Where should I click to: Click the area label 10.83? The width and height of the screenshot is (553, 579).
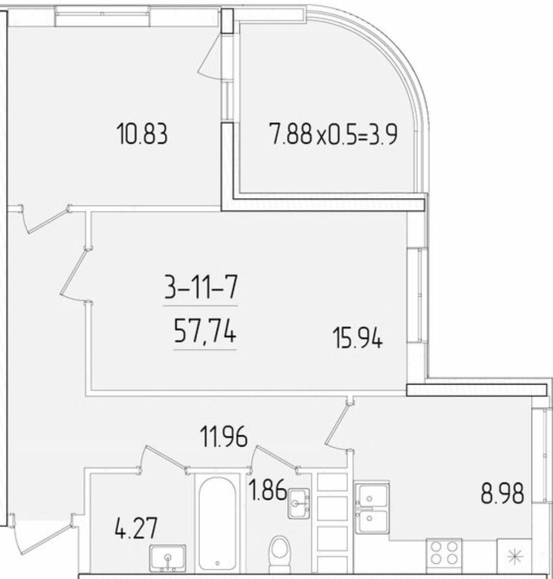(x=142, y=134)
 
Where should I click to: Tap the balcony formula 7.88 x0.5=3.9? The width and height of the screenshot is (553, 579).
(x=334, y=134)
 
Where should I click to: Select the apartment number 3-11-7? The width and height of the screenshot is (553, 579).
(x=201, y=288)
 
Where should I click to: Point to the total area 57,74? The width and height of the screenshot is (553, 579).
(x=205, y=332)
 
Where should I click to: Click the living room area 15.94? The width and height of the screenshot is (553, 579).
(x=357, y=338)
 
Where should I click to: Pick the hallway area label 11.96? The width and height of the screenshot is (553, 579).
(x=224, y=436)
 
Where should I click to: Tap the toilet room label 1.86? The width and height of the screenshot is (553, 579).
(x=267, y=490)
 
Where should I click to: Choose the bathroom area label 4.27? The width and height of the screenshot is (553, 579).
(x=136, y=528)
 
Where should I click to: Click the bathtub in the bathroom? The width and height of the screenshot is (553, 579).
(x=217, y=524)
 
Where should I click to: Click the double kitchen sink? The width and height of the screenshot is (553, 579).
(x=372, y=507)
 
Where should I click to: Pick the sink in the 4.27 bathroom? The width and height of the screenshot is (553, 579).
(x=168, y=557)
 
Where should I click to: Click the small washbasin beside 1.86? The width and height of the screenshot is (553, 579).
(x=299, y=503)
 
